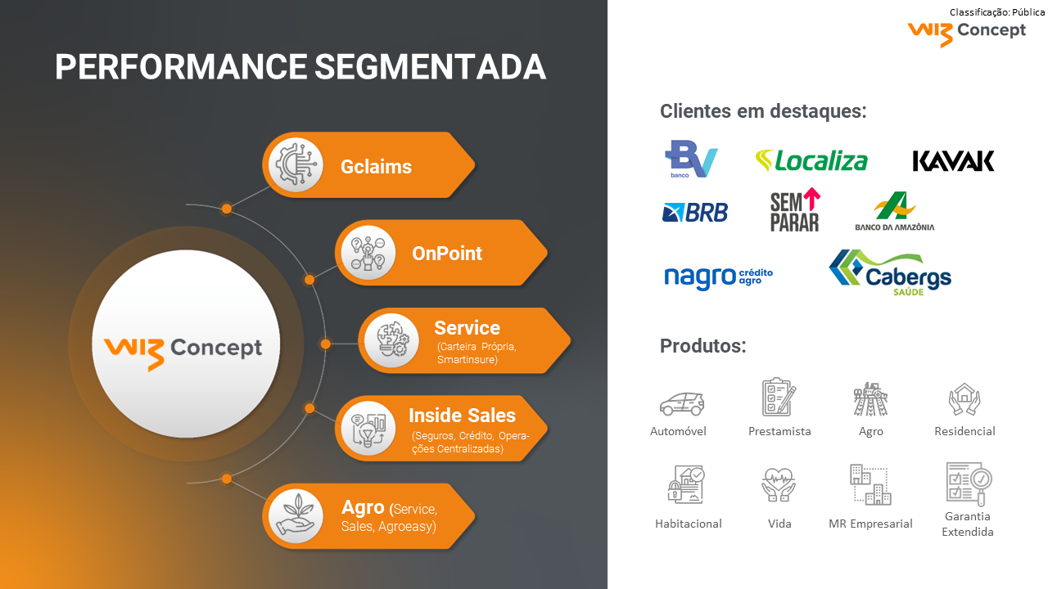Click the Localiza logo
coord(811,160)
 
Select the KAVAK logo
coord(953,160)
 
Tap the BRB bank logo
coord(694,212)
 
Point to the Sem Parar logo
coord(795,210)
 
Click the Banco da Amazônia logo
coord(894,212)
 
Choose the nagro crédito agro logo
coord(718,277)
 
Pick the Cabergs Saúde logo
coord(890,272)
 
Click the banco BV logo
coord(690,159)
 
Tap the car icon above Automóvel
coord(681,403)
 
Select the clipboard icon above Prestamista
coord(779,398)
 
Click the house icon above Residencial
coord(964,400)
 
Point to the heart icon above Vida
coord(779,483)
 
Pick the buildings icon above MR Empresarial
coord(870,484)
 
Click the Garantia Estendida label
coord(967,524)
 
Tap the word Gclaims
coord(376,167)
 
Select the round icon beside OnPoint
coord(367,253)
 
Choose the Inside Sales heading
coord(462,415)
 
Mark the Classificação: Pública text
coord(996,12)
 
